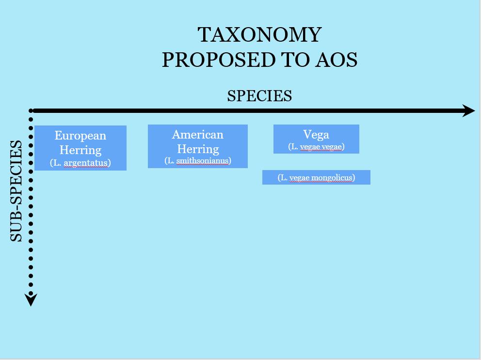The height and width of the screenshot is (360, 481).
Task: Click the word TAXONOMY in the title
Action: [259, 34]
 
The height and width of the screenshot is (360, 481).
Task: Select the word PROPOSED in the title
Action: [219, 60]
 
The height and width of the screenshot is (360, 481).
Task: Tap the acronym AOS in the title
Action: [337, 60]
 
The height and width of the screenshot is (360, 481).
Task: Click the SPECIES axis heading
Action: [259, 95]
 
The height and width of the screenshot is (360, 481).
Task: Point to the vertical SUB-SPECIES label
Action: [16, 191]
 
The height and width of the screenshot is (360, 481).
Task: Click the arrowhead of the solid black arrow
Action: [468, 110]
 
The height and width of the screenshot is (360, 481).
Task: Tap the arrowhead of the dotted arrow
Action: [31, 299]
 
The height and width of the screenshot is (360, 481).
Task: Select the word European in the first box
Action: [80, 136]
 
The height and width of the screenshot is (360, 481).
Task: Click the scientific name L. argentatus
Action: [80, 162]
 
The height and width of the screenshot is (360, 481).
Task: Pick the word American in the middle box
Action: [198, 135]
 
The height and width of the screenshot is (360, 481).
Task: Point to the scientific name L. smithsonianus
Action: [198, 161]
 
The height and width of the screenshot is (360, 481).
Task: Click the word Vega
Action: [316, 135]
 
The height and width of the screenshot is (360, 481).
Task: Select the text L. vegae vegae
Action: [316, 147]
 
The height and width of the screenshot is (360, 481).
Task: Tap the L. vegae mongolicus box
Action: [316, 177]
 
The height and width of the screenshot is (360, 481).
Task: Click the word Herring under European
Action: [80, 150]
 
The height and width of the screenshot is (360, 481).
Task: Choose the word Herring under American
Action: [198, 149]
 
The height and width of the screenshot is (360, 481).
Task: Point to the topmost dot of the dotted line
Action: [31, 110]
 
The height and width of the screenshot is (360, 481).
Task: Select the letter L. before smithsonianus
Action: [171, 160]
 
